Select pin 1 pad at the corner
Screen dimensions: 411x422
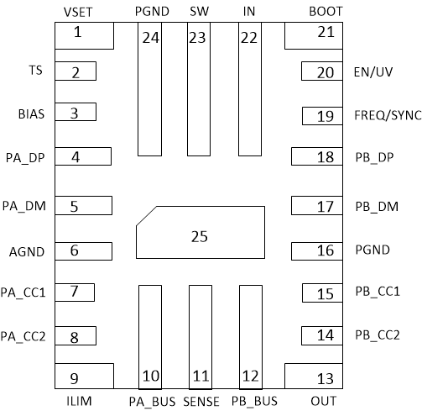(83, 36)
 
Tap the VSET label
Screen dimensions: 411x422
(79, 11)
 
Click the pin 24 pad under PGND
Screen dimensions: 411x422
(149, 89)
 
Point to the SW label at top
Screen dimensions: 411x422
(199, 11)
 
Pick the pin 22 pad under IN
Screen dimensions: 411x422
(249, 89)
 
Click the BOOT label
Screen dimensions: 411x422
(326, 11)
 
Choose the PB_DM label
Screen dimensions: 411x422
(375, 206)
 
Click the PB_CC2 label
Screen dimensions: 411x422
(377, 335)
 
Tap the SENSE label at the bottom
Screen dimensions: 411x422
(201, 402)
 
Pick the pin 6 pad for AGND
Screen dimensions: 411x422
(83, 250)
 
